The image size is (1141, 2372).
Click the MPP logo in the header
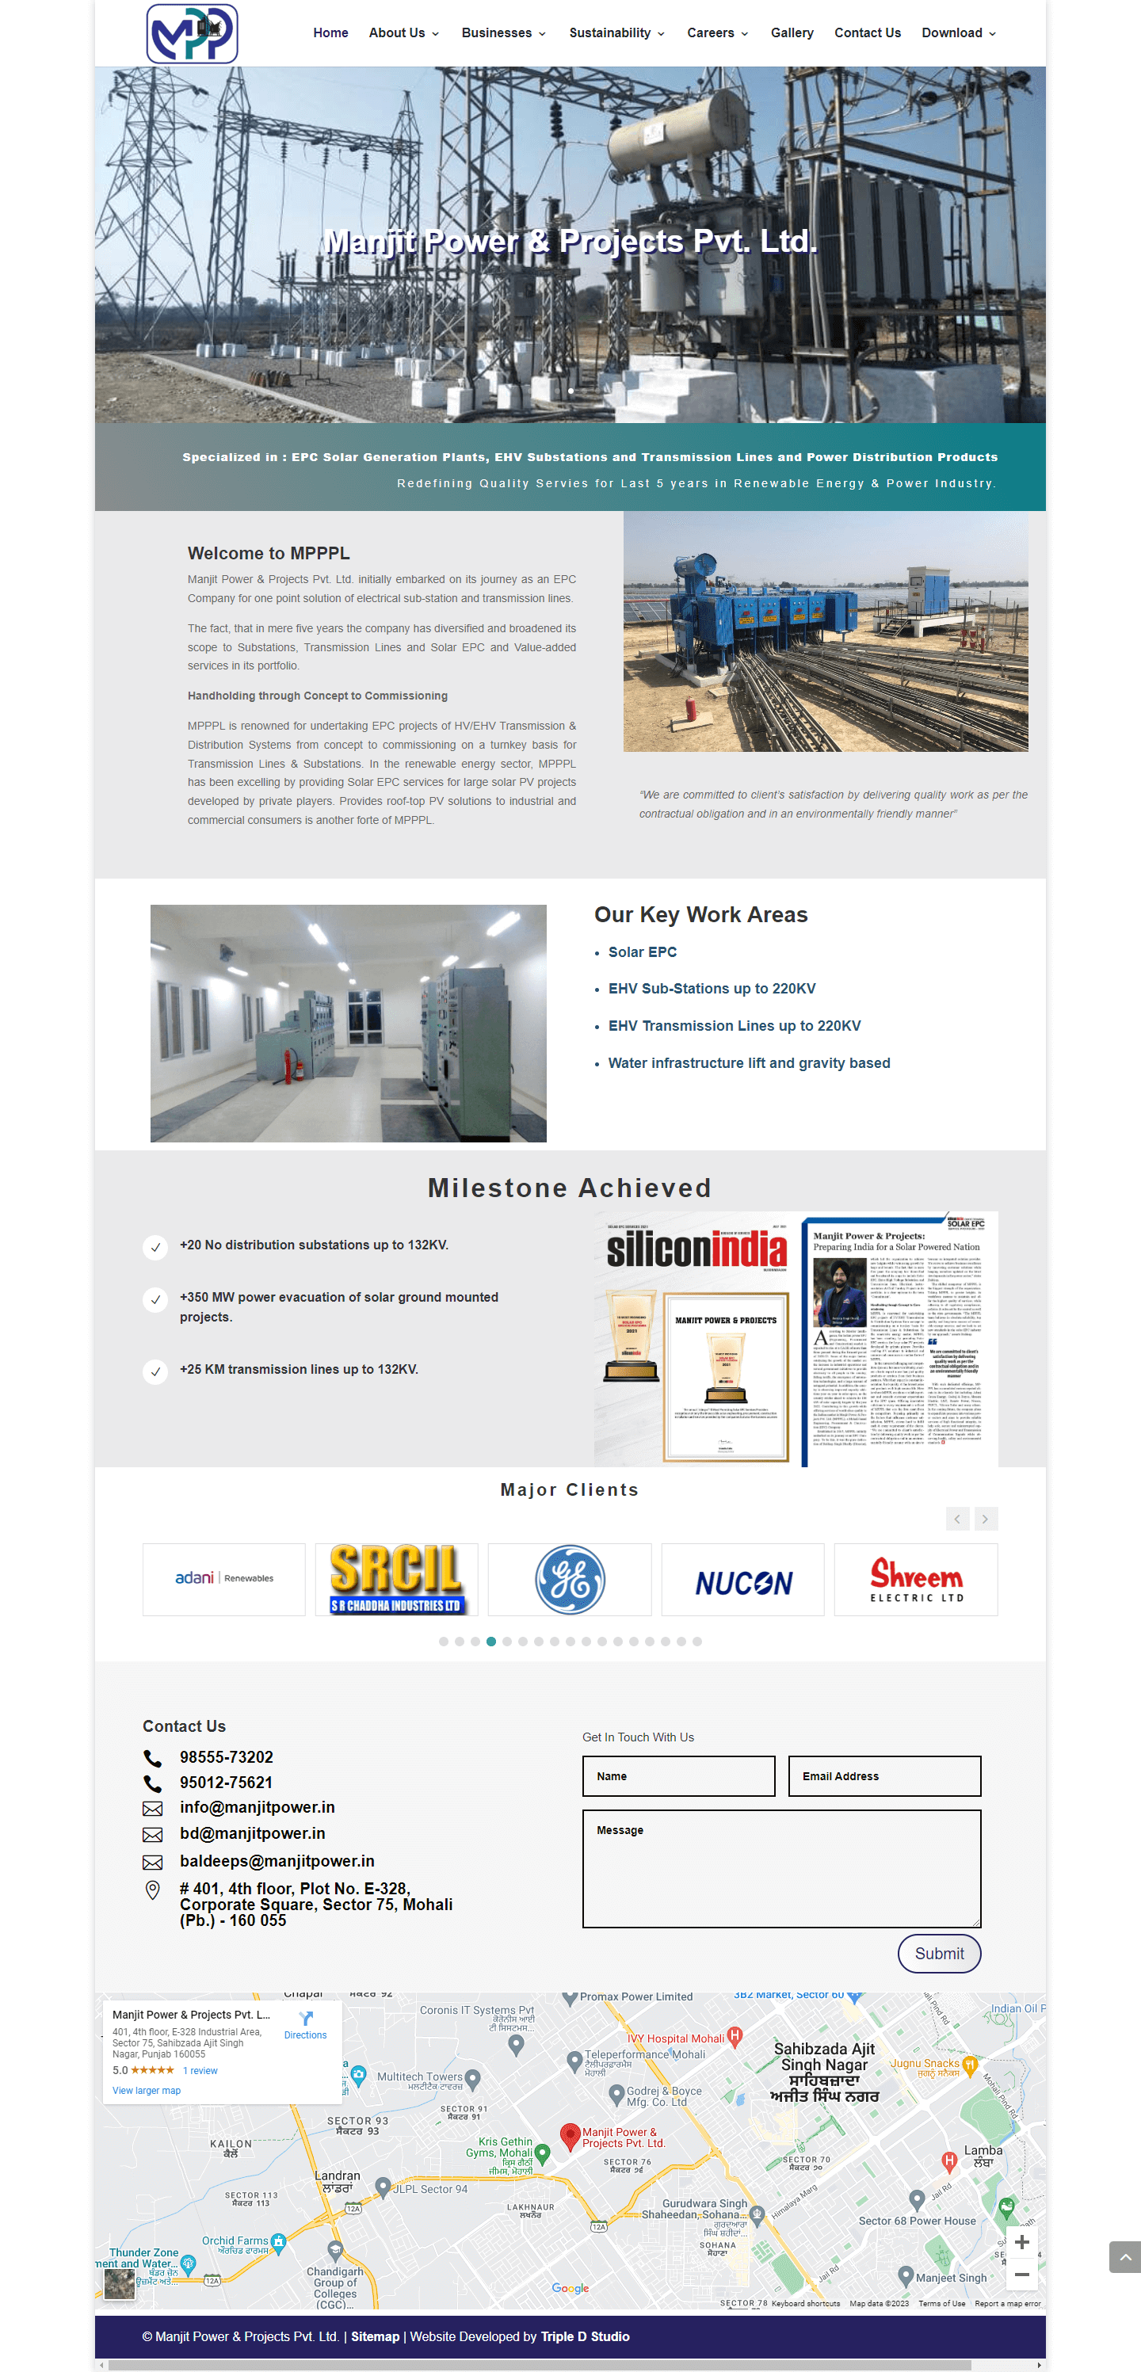coord(192,33)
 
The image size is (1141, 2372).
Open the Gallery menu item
coord(791,33)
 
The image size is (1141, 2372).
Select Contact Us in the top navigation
coord(867,33)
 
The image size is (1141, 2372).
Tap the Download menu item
coord(957,33)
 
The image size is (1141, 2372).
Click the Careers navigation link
coord(716,33)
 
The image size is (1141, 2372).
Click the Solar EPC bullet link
coord(642,952)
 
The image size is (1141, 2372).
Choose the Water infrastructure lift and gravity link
coord(749,1062)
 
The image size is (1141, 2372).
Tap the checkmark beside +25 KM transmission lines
coord(155,1371)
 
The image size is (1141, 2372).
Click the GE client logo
coord(569,1579)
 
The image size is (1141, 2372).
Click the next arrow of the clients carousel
coord(984,1519)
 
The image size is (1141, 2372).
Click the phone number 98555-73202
coord(226,1757)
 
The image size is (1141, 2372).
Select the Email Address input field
coord(884,1776)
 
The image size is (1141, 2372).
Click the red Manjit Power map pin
coord(570,2134)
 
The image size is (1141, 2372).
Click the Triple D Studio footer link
coord(585,2336)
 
